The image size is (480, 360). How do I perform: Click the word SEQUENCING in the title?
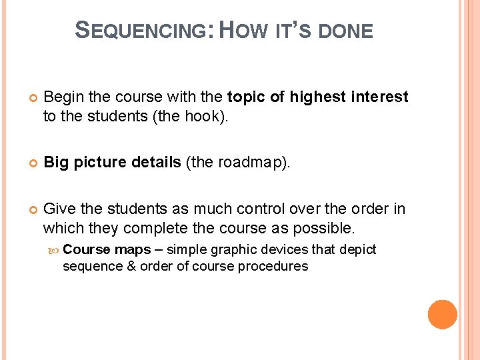[143, 30]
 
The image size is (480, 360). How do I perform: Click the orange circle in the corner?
[443, 315]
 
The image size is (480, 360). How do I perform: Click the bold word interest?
[378, 97]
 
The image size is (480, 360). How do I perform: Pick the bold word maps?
[133, 249]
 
